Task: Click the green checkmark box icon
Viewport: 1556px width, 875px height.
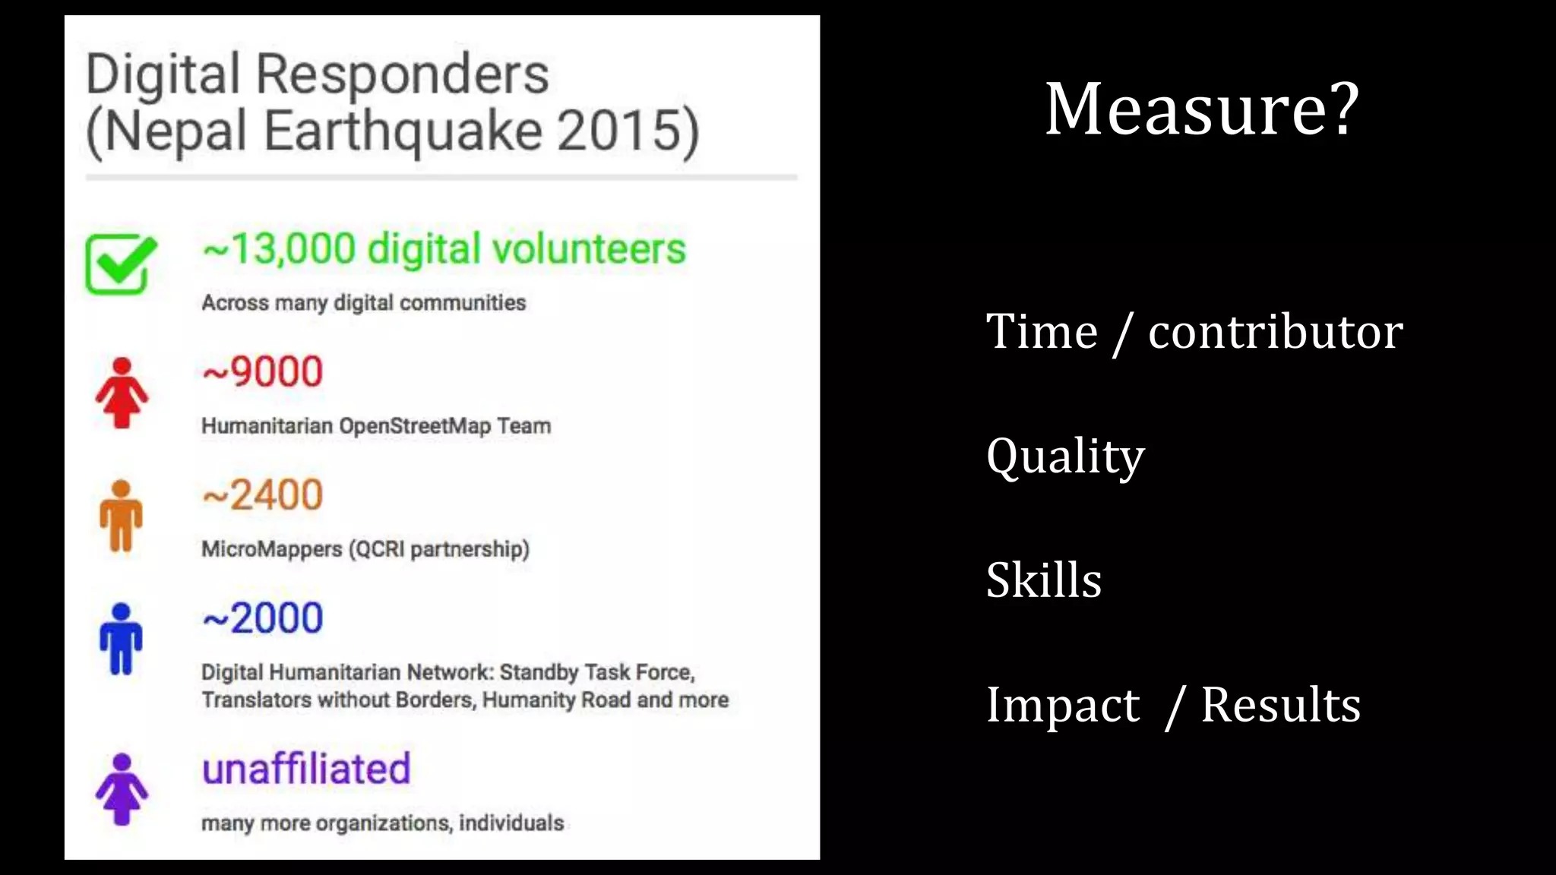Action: (x=120, y=264)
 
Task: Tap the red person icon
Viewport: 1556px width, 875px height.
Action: (x=122, y=393)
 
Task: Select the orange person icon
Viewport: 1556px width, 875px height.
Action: (x=122, y=516)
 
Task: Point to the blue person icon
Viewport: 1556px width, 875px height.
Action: (x=122, y=639)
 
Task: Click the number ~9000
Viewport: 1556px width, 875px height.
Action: (x=263, y=372)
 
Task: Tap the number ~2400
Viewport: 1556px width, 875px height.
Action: (x=263, y=495)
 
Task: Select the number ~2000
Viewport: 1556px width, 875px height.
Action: (x=263, y=618)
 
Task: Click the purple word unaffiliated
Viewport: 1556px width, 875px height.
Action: (x=306, y=769)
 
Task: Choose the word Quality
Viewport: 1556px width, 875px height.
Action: (x=1065, y=457)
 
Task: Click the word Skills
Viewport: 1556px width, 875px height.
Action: (x=1044, y=580)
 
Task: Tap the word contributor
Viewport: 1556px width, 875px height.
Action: (x=1275, y=332)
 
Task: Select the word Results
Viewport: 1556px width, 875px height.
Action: (x=1281, y=705)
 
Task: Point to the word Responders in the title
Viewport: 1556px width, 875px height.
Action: (x=402, y=74)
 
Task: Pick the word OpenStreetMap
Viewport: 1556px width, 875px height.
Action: (x=415, y=426)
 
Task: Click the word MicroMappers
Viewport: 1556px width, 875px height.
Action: (x=271, y=549)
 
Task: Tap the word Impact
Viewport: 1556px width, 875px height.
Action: (x=1063, y=705)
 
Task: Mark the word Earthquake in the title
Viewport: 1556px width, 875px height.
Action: (x=403, y=131)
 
